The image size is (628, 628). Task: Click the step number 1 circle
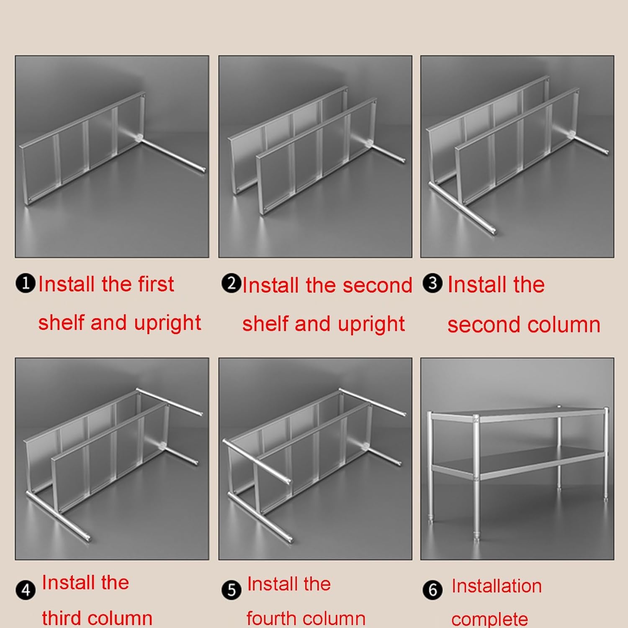[x=26, y=283]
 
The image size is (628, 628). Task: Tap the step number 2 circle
[x=231, y=283]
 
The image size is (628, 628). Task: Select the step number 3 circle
[x=432, y=283]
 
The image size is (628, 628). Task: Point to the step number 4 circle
[x=26, y=590]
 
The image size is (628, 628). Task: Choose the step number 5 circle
[x=231, y=590]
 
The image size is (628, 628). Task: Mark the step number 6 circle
[x=432, y=590]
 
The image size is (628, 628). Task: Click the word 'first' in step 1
[x=156, y=284]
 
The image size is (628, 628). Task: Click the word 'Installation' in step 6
[x=497, y=586]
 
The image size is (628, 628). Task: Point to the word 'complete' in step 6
[x=489, y=619]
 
